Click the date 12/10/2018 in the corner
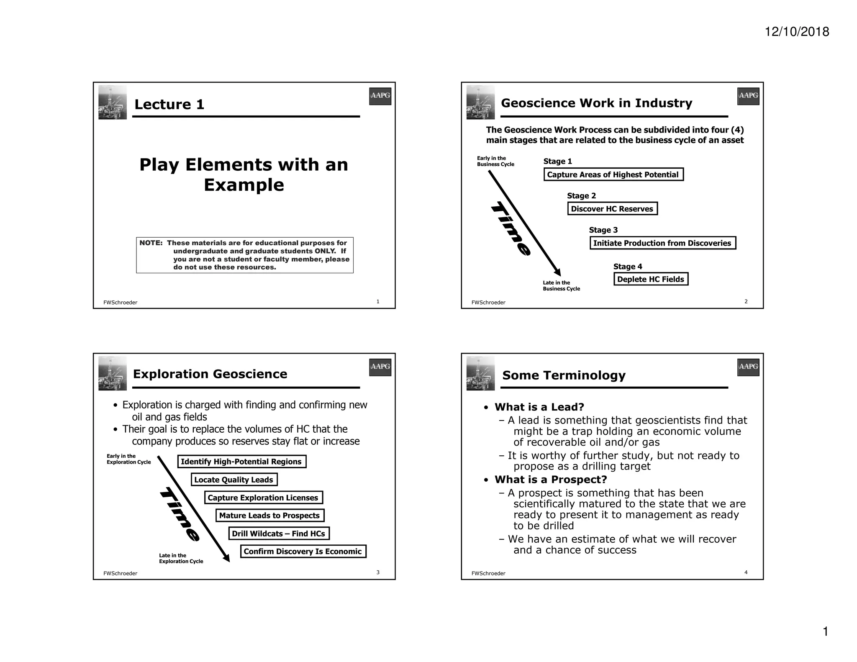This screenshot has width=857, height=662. (797, 32)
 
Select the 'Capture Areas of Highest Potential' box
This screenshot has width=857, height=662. (613, 174)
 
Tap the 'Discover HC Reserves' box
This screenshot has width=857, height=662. (612, 209)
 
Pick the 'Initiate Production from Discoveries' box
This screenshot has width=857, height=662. (662, 243)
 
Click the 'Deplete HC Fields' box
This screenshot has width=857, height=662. (651, 279)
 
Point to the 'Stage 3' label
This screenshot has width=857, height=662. (603, 230)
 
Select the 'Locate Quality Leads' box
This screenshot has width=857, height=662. (234, 480)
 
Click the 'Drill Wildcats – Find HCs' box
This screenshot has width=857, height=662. (279, 534)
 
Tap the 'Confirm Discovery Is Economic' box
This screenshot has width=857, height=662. (303, 552)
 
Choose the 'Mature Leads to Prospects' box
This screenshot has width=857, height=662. (269, 516)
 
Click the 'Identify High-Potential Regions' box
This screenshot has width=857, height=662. (241, 462)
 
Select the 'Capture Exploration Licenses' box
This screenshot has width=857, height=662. (263, 498)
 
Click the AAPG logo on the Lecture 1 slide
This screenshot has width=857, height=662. (380, 96)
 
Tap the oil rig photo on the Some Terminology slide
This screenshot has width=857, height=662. (480, 373)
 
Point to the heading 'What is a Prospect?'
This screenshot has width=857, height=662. (551, 480)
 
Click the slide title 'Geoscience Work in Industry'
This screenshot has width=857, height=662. (596, 103)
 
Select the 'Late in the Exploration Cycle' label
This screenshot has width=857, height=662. (181, 558)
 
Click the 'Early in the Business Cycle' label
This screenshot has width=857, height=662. (495, 161)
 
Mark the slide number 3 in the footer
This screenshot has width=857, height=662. (378, 572)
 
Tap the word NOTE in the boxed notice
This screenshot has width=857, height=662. (151, 243)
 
